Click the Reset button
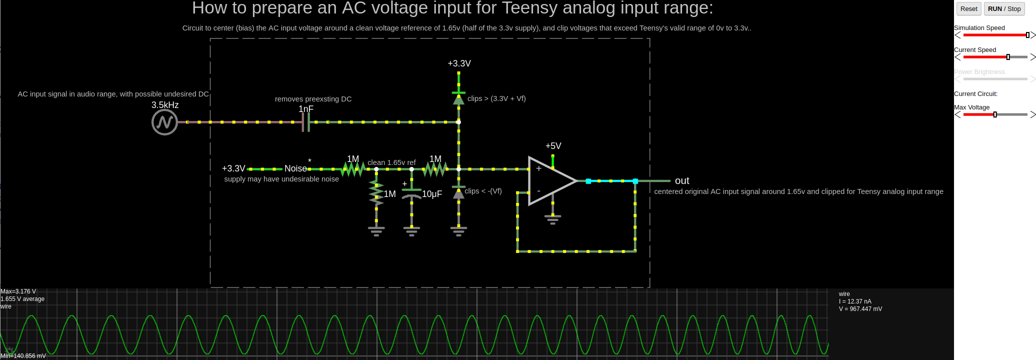(x=968, y=9)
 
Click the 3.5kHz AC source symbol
(x=164, y=122)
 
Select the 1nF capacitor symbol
(x=305, y=122)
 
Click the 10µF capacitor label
(x=432, y=194)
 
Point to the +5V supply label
(x=553, y=146)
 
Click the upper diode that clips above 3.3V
(x=458, y=98)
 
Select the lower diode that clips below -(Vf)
(x=458, y=192)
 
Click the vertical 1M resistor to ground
(x=376, y=193)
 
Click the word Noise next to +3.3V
(x=295, y=169)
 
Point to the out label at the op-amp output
(x=682, y=181)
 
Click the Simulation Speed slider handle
(x=1027, y=35)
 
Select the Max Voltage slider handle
(x=995, y=114)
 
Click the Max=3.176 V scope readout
(x=18, y=291)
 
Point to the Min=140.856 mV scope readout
(x=23, y=356)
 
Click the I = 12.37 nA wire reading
(x=855, y=301)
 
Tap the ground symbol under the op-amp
(x=552, y=219)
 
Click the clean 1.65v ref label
(x=391, y=162)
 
